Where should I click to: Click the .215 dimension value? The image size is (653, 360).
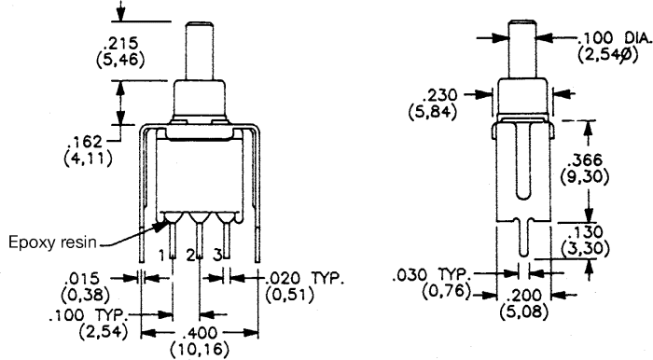[120, 44]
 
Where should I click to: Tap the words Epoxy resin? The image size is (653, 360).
[53, 242]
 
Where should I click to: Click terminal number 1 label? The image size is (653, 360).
[162, 256]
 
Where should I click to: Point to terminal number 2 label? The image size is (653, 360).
[190, 256]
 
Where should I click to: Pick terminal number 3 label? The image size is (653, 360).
[217, 256]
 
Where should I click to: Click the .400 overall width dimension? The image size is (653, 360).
[201, 333]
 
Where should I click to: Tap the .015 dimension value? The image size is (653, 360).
[83, 278]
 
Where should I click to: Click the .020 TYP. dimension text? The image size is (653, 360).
[305, 278]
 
